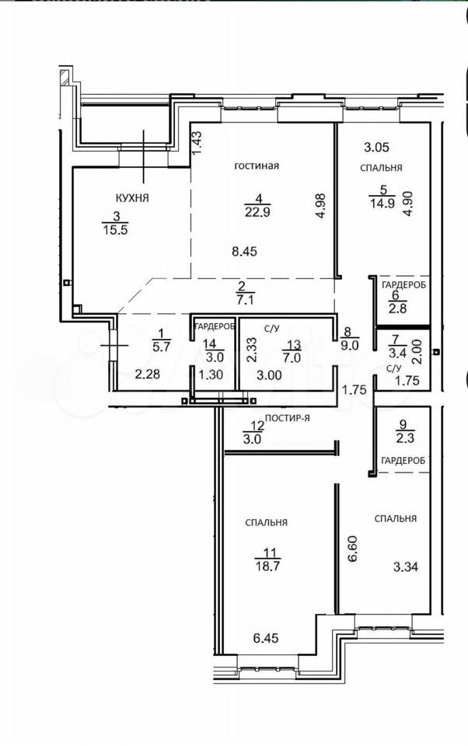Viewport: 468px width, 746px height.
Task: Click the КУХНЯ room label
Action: [x=132, y=198]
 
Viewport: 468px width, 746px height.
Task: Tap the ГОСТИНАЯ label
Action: [x=257, y=166]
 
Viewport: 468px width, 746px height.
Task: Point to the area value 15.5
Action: [x=116, y=230]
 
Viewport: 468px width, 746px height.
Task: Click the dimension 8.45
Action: [x=244, y=251]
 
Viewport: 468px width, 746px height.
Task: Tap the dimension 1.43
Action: [x=198, y=141]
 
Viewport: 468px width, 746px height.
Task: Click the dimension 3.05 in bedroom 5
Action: [x=376, y=148]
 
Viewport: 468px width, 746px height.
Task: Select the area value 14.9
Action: [x=382, y=203]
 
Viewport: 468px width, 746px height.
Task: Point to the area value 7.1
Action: [x=246, y=300]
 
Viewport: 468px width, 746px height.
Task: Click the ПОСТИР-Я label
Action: [x=288, y=418]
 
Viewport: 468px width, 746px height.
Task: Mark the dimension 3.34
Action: [x=406, y=566]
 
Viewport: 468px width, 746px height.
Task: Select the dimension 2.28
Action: [x=148, y=375]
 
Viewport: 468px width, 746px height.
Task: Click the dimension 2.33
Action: [x=253, y=350]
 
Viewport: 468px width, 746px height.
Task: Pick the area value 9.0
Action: [x=350, y=346]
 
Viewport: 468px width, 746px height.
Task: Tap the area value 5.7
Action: [x=161, y=347]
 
